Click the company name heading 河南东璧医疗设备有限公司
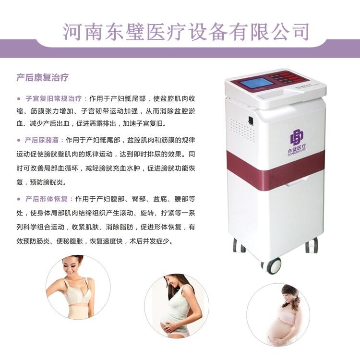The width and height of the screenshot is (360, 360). pos(186,32)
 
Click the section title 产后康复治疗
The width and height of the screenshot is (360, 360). pos(42,78)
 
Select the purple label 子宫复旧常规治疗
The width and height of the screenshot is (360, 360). pos(53,98)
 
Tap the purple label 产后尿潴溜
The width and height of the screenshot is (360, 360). pos(42,140)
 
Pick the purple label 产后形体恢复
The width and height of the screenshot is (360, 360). pos(47,199)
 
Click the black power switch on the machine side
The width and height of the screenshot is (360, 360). pos(251,121)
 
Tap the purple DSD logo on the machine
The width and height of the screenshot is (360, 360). pos(297,138)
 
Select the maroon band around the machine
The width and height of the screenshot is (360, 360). pos(276,169)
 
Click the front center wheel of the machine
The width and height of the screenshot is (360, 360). pos(274,265)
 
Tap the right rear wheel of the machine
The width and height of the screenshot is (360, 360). pos(312,245)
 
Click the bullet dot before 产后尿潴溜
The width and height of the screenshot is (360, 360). pos(19,140)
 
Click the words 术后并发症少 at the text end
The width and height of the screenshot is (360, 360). pos(149,241)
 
